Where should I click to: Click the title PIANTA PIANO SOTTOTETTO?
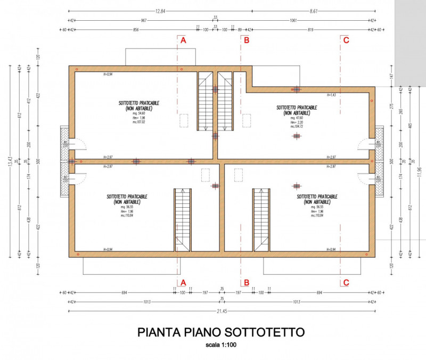click(x=221, y=332)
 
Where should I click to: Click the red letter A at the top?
click(x=183, y=40)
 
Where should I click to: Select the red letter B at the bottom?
click(x=246, y=282)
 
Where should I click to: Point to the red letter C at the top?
click(x=346, y=40)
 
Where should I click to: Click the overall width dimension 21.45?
click(x=221, y=310)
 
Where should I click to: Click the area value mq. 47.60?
click(x=296, y=118)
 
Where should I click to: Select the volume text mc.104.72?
click(x=297, y=127)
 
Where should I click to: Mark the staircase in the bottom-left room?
click(x=182, y=219)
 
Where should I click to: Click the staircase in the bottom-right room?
click(x=260, y=219)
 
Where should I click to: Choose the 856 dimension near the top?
click(x=136, y=30)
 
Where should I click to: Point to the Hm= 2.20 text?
click(x=297, y=122)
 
